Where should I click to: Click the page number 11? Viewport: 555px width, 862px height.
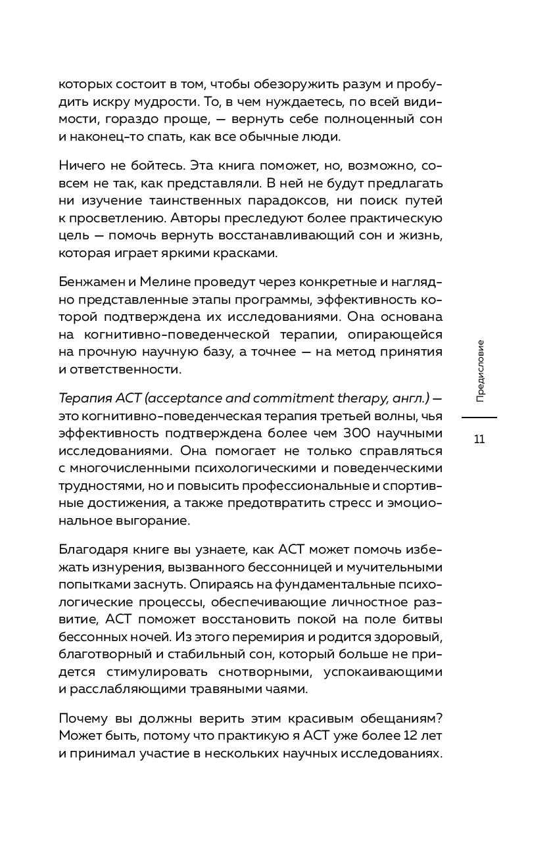[x=479, y=439]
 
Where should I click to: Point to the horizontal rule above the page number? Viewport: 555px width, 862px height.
[x=479, y=418]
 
